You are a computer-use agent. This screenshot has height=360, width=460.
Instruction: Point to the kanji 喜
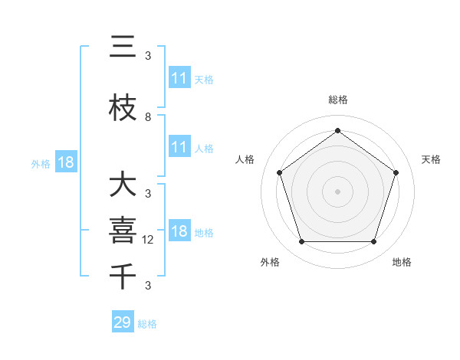(123, 231)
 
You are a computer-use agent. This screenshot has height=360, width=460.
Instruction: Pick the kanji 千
(123, 273)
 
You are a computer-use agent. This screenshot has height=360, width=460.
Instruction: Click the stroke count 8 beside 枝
(148, 117)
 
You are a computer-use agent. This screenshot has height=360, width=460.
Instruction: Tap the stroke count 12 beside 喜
(149, 240)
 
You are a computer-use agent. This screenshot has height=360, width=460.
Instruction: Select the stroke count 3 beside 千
(148, 286)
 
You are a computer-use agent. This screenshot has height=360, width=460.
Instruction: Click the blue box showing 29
(123, 322)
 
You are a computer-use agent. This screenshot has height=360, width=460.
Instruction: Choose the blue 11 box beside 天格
(179, 78)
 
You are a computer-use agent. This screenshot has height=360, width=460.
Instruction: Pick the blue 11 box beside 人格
(179, 147)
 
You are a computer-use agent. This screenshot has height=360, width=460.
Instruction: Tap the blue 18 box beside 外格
(65, 163)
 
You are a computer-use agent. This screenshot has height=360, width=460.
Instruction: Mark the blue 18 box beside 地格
(179, 232)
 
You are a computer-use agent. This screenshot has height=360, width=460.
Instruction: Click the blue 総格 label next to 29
(148, 324)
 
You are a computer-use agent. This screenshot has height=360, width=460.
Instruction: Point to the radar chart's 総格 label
(337, 100)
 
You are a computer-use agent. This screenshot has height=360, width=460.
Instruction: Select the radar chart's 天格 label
(432, 159)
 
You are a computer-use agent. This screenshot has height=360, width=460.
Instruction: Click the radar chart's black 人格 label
(245, 159)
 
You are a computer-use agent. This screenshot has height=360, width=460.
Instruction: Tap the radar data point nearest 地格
(373, 242)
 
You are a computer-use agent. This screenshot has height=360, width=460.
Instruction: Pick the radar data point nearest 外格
(301, 242)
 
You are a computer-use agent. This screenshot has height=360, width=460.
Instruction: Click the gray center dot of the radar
(337, 191)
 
